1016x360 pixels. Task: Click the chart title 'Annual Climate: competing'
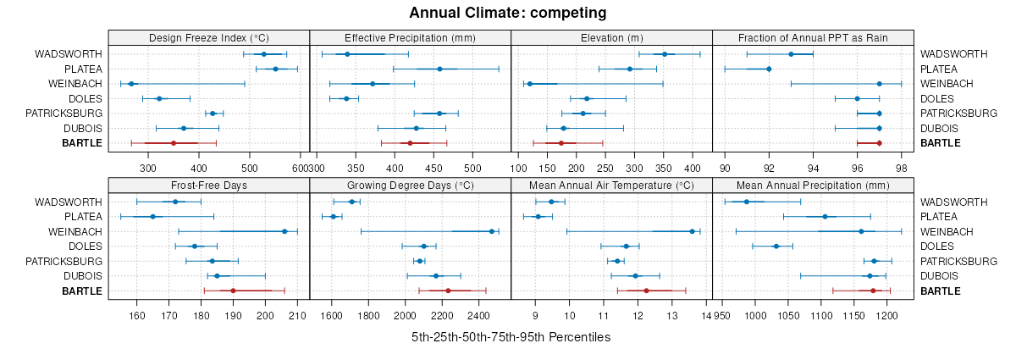click(507, 13)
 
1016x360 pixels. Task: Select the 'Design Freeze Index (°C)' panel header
click(209, 38)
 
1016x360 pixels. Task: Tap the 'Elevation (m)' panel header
click(612, 38)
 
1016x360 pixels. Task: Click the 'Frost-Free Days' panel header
click(209, 186)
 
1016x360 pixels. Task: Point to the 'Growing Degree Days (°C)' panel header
click(411, 186)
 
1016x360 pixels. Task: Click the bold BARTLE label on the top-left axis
click(82, 143)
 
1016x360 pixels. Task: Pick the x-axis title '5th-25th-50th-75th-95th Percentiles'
click(511, 337)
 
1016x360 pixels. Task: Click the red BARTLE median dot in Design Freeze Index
click(174, 143)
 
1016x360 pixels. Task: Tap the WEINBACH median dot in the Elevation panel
click(530, 84)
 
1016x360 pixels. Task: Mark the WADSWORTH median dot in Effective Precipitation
click(348, 54)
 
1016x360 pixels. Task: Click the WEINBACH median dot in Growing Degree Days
click(492, 231)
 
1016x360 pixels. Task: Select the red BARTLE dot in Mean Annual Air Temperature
click(646, 291)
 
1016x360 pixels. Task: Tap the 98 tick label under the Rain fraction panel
click(902, 155)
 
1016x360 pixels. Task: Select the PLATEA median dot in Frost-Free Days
click(153, 217)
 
